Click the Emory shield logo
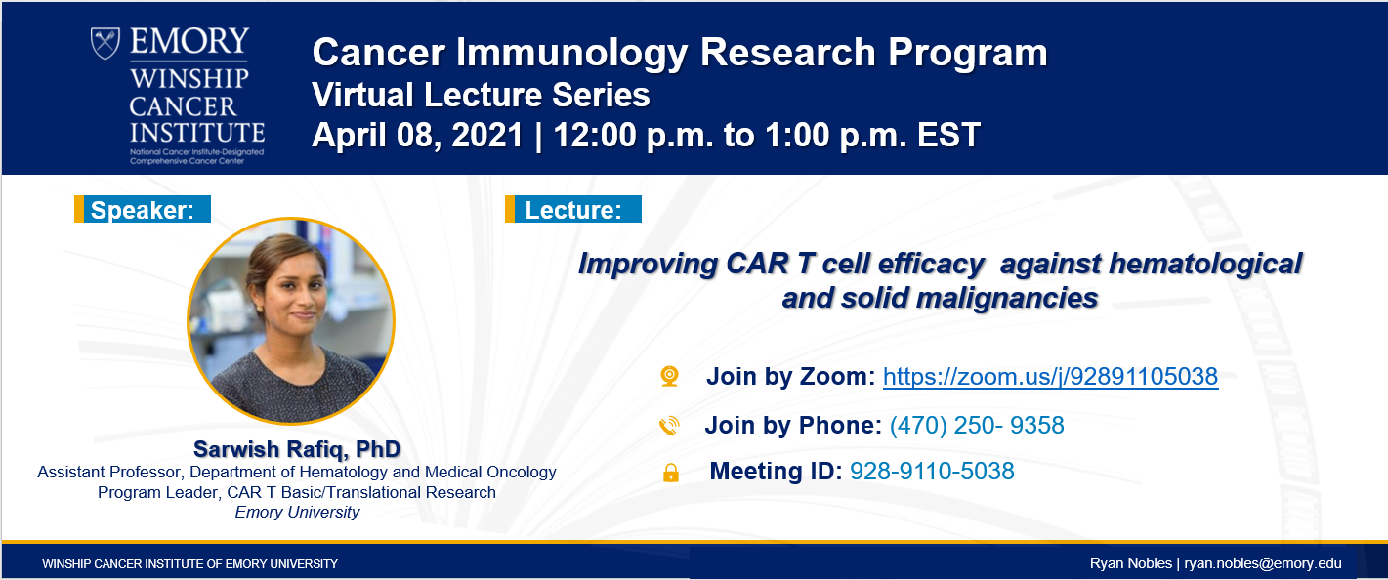coord(105,43)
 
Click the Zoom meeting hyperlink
coord(1050,377)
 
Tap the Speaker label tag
coord(143,209)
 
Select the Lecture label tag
coord(573,209)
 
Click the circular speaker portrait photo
coord(291,321)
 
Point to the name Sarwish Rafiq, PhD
coord(297,449)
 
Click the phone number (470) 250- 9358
coord(977,425)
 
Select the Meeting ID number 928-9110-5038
coord(932,471)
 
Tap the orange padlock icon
coord(670,473)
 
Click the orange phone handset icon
coord(669,426)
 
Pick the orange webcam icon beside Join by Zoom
coord(669,376)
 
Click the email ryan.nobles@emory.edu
coord(1263,563)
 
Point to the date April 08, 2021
coord(418,136)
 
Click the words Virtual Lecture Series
coord(481,95)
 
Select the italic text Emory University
coord(297,513)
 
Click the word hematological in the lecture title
coord(1205,265)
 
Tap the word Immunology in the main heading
coord(572,54)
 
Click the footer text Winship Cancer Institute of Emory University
coord(190,564)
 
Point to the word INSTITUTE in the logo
coord(197,133)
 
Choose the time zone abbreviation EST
coord(948,135)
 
